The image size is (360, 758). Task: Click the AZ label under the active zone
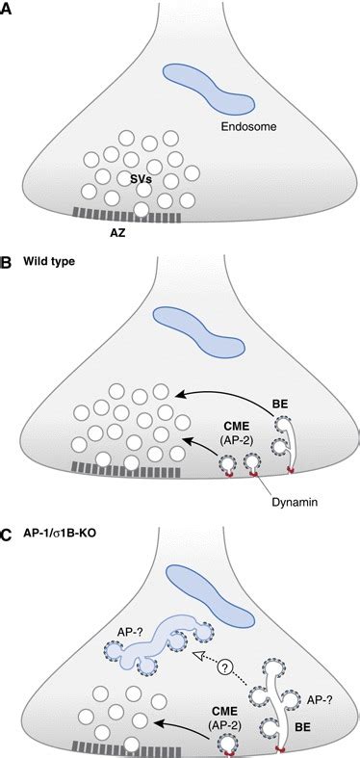(x=114, y=233)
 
